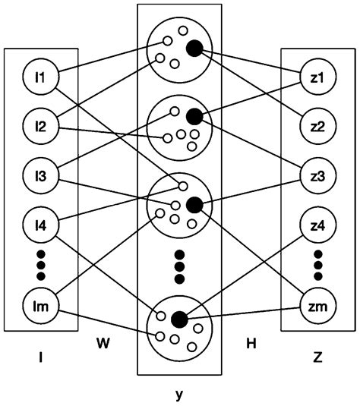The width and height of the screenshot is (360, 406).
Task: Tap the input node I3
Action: pyautogui.click(x=40, y=176)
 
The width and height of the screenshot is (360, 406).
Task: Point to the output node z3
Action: pyautogui.click(x=317, y=176)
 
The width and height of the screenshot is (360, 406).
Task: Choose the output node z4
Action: pyautogui.click(x=317, y=225)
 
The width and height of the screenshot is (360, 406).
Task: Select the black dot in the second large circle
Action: pyautogui.click(x=194, y=116)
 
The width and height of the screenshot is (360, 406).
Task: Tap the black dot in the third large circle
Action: pyautogui.click(x=194, y=203)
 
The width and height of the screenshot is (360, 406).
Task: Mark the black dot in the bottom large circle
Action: pyautogui.click(x=180, y=318)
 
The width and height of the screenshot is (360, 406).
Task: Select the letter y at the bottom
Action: pyautogui.click(x=178, y=394)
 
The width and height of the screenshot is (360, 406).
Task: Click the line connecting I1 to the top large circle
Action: pyautogui.click(x=106, y=59)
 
